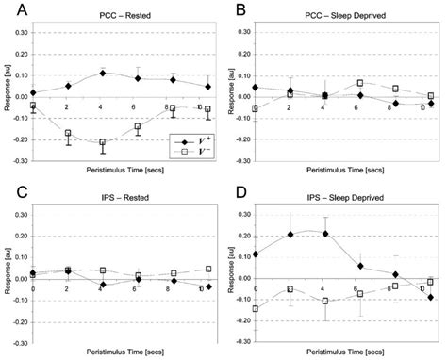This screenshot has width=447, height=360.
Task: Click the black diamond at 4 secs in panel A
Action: point(103,73)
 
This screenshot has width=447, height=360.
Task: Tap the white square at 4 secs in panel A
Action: point(103,142)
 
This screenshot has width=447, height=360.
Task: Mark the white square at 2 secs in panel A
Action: point(68,134)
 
